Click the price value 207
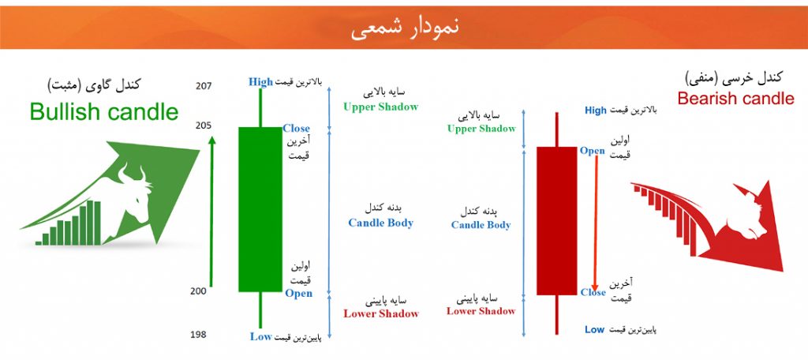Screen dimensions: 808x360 [x=204, y=86]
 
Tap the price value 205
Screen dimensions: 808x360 [x=204, y=126]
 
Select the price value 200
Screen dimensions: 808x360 [x=198, y=291]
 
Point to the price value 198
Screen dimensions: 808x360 [x=198, y=335]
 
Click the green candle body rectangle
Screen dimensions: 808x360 [x=260, y=209]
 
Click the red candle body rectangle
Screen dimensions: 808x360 [x=556, y=221]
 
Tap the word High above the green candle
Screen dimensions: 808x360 [x=260, y=81]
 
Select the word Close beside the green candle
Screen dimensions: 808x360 [x=297, y=129]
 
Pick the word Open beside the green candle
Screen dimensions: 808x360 [x=299, y=293]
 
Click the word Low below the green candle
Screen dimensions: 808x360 [x=260, y=336]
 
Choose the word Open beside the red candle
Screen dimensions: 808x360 [x=593, y=151]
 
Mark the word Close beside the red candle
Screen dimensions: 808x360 [x=593, y=292]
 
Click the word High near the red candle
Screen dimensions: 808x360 [x=596, y=111]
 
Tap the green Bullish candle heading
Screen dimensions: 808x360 [x=104, y=111]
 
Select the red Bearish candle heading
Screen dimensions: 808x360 [x=736, y=98]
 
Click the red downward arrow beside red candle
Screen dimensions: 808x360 [x=595, y=223]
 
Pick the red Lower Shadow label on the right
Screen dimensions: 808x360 [x=481, y=311]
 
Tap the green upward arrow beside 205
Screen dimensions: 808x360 [x=211, y=211]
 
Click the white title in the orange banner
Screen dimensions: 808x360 [x=405, y=28]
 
